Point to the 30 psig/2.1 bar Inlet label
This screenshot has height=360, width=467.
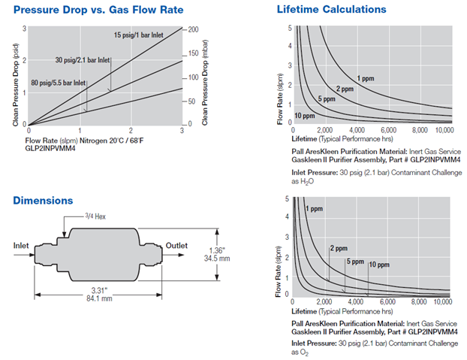[x=83, y=60]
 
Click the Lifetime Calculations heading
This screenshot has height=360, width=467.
[x=331, y=10]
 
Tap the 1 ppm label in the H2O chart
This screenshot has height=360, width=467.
[x=366, y=78]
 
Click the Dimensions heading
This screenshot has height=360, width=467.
[x=43, y=201]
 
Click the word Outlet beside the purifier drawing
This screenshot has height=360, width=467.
[x=177, y=245]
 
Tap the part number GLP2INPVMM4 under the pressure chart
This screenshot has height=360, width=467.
[x=51, y=148]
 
